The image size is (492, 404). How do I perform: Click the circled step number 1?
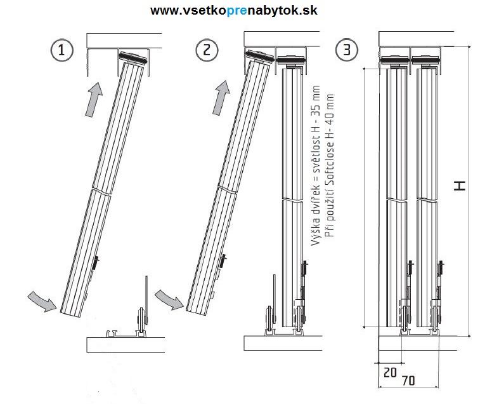coord(61,51)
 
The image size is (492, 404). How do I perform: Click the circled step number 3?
coord(346,51)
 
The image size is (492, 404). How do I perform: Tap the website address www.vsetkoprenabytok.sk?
coord(234,11)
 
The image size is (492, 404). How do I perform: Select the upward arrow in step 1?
coord(93,98)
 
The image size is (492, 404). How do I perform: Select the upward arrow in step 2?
coord(221,97)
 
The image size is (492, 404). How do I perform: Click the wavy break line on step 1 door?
coord(101,191)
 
